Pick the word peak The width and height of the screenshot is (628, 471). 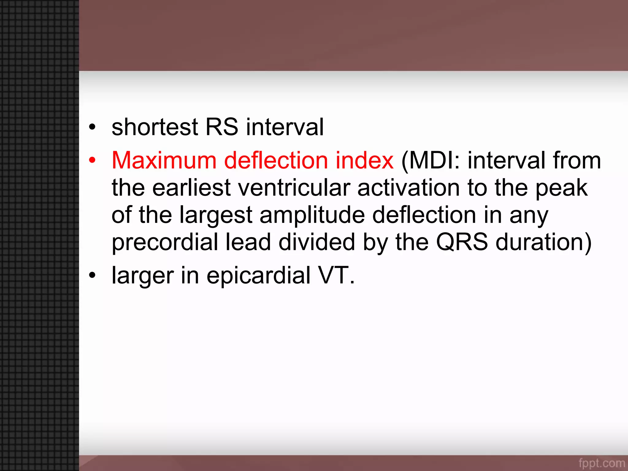[561, 189]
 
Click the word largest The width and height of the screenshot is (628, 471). [216, 216]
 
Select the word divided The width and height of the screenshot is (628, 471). [317, 242]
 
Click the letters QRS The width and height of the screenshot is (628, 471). [462, 242]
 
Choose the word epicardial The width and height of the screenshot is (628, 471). [258, 276]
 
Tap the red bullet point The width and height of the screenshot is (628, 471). [92, 160]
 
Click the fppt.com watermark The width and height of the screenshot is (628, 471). [601, 463]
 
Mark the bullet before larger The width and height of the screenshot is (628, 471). [92, 275]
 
